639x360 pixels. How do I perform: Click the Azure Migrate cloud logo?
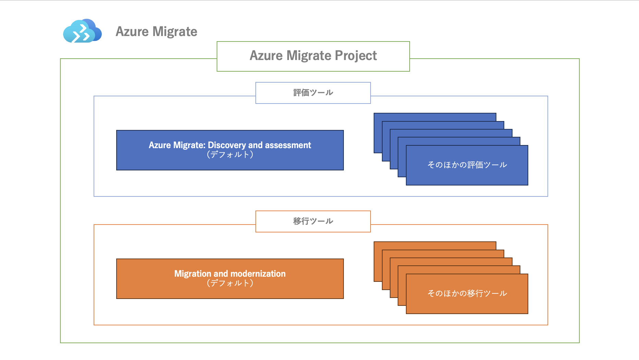(x=82, y=31)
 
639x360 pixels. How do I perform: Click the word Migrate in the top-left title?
(x=175, y=32)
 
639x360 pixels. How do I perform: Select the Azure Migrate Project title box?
(x=313, y=57)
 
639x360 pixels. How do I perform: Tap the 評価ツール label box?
(x=313, y=93)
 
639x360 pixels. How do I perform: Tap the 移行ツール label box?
(x=313, y=221)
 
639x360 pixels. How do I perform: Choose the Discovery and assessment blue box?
(x=230, y=150)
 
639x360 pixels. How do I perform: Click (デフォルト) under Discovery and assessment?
(x=230, y=155)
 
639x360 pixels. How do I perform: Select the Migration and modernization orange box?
(x=230, y=279)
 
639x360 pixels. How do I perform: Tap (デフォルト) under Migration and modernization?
(x=230, y=283)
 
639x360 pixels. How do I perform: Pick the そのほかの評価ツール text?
(x=467, y=165)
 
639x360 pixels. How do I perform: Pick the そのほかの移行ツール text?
(x=467, y=293)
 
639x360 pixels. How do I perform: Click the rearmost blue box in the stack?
(x=435, y=117)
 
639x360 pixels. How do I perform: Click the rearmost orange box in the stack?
(x=435, y=245)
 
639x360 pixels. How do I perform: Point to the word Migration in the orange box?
(x=193, y=274)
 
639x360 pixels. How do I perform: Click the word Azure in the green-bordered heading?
(x=266, y=56)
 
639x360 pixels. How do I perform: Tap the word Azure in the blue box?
(x=160, y=145)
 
